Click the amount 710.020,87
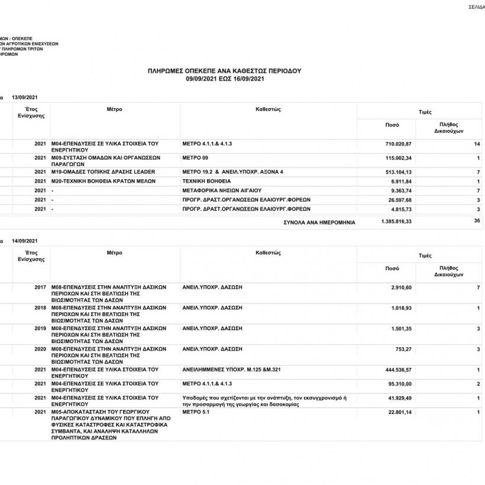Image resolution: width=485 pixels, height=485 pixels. click(x=397, y=144)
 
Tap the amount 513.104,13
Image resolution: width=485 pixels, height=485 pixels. click(x=397, y=172)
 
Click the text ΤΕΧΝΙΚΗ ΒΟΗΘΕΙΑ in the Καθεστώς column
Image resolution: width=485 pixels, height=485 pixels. click(x=206, y=182)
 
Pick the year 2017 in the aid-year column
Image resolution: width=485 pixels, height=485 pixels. click(x=40, y=287)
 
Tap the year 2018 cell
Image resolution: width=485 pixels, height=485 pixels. click(x=40, y=308)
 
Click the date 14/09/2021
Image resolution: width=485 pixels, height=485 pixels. click(x=25, y=241)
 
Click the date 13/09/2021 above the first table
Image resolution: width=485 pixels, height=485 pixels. click(x=25, y=97)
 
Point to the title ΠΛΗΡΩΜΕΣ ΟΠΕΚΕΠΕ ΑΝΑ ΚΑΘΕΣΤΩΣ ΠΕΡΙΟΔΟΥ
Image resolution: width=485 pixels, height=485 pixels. click(x=224, y=70)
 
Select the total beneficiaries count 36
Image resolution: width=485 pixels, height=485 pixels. click(x=477, y=221)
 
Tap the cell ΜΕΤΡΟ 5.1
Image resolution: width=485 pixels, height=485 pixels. click(x=197, y=412)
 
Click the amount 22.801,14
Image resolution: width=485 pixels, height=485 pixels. click(x=399, y=412)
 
